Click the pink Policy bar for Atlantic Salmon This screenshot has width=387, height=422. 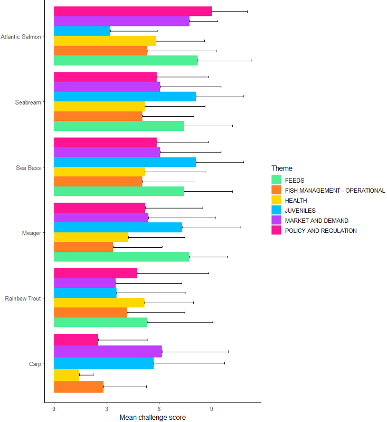(x=132, y=11)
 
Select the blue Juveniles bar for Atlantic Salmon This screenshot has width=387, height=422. (x=82, y=31)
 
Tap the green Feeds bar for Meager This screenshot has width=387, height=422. (x=121, y=257)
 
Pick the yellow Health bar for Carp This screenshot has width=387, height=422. (x=67, y=375)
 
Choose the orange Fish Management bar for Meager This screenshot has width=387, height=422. (x=83, y=247)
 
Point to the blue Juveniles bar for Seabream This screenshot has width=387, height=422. (x=125, y=97)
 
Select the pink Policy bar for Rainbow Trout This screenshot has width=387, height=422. (x=95, y=273)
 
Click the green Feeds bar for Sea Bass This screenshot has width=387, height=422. (x=119, y=191)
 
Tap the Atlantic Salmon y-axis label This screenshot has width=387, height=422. (x=22, y=37)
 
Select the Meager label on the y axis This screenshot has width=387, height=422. (x=32, y=233)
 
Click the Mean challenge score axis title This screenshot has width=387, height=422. (x=153, y=417)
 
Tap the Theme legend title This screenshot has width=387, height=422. (x=282, y=168)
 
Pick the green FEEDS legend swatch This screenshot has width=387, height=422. (x=276, y=181)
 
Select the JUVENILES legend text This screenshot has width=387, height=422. (x=300, y=211)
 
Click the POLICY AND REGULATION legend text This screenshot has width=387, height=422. (x=320, y=231)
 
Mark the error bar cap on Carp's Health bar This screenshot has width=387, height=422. (x=93, y=375)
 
